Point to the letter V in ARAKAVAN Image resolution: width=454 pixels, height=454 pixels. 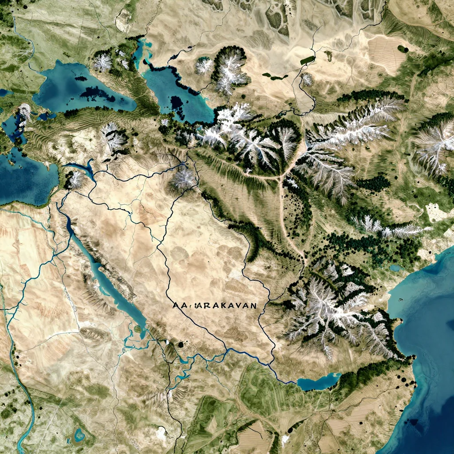241,305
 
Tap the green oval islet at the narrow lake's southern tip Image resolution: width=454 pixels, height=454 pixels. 138,329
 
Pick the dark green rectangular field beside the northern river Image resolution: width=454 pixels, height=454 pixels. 307,60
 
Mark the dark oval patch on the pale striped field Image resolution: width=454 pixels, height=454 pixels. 403,49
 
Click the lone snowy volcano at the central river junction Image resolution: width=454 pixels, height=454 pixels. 183,179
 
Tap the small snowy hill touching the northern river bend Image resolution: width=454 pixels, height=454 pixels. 306,80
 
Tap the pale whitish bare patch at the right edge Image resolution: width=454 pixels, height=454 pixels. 437,213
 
